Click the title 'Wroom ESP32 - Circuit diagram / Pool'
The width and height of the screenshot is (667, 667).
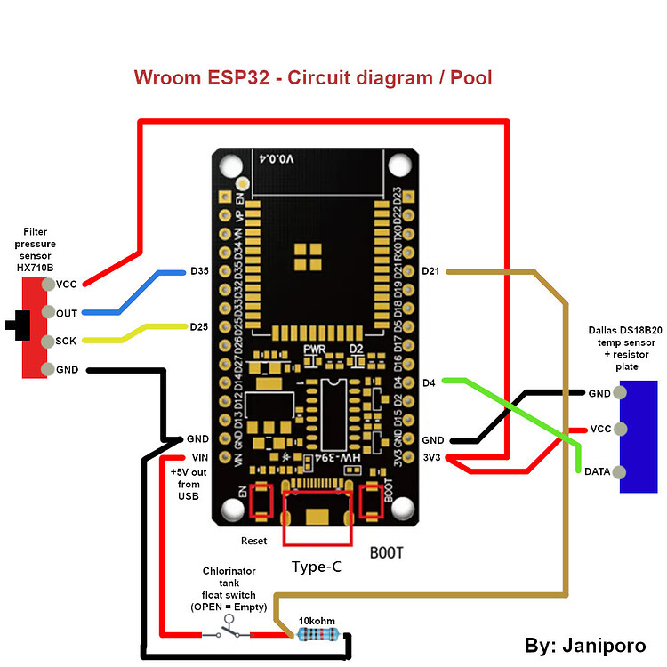tap(313, 77)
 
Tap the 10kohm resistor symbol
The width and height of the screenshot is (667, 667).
tap(317, 634)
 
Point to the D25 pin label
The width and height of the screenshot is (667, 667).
tap(199, 326)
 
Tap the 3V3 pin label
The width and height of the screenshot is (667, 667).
tap(432, 458)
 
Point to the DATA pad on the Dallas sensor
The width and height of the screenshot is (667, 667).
tap(620, 471)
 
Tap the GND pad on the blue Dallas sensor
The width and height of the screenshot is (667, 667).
tap(620, 393)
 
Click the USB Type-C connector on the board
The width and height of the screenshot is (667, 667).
tap(316, 516)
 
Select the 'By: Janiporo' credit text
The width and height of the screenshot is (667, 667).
tap(586, 646)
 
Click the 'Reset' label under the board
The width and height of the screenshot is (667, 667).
tap(253, 541)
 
